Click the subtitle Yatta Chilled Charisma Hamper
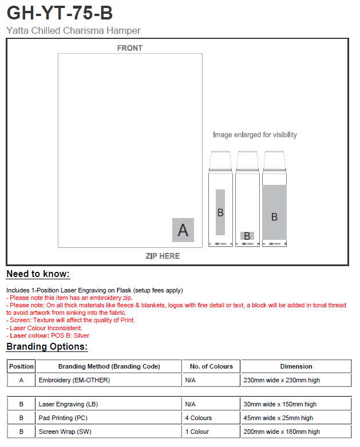pos(73,31)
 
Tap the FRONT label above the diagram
pos(130,48)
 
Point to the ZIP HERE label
pos(163,256)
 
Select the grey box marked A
pos(183,230)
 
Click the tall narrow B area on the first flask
pos(220,212)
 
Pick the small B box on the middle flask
pos(247,236)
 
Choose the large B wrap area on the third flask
pos(274,211)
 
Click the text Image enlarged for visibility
pos(255,135)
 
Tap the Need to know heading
pos(38,274)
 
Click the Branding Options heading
pos(47,347)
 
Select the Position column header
pos(22,366)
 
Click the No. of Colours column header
pos(211,366)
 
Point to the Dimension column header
pos(296,366)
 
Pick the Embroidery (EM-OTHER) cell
pos(74,380)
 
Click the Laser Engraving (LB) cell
pos(68,404)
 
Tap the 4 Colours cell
pos(199,418)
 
